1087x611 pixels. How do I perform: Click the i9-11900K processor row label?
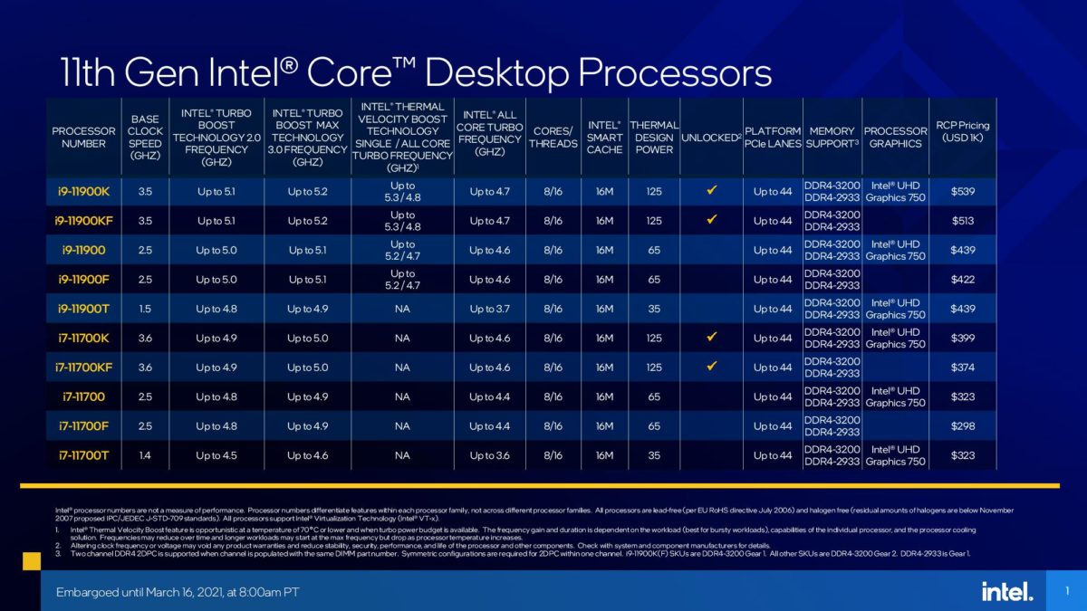pos(84,191)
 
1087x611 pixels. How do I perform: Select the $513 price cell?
pos(963,221)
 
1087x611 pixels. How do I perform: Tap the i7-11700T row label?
pos(84,455)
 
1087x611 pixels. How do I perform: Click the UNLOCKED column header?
pos(710,138)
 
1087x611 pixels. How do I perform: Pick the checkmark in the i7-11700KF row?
pos(711,367)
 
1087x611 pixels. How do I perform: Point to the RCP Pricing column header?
pos(963,131)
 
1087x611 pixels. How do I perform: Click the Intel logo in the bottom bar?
pos(1006,591)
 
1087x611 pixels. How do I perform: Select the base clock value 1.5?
pos(145,309)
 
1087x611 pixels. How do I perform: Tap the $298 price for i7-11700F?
pos(963,426)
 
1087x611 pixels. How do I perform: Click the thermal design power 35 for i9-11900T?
pos(653,309)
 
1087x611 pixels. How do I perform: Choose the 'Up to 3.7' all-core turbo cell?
pos(489,309)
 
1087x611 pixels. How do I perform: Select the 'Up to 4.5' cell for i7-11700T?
pos(216,455)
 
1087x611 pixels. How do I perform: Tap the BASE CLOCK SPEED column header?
pos(145,138)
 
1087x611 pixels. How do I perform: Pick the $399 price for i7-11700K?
pos(963,338)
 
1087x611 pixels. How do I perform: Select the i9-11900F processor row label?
pos(84,280)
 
